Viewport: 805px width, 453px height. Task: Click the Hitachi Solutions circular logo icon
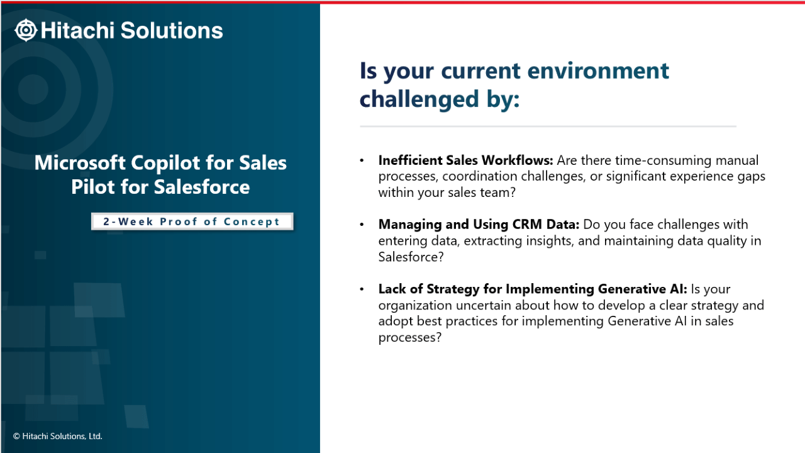click(26, 30)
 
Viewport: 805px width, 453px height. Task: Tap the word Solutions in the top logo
click(172, 30)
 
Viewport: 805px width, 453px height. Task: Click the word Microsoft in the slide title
click(80, 162)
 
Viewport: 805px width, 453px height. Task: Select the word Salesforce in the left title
click(202, 187)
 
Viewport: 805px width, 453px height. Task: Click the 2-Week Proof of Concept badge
click(192, 221)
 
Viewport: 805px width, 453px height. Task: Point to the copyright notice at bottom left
click(58, 436)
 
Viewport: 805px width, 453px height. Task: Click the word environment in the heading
click(598, 70)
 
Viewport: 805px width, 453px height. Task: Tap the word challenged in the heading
click(419, 99)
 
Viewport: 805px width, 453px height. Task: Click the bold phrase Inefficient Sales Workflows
click(466, 160)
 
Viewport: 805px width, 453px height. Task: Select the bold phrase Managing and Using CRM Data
click(479, 225)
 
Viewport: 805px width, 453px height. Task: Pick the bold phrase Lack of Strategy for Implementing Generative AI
click(533, 289)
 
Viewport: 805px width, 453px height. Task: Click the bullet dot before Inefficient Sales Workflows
click(362, 160)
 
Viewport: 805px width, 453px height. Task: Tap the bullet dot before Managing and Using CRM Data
click(362, 225)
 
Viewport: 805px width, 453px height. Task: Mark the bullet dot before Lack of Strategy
click(362, 289)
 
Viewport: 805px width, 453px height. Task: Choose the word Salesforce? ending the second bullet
click(411, 257)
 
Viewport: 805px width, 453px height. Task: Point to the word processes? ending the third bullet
click(409, 338)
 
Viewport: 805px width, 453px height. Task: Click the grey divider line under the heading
click(548, 126)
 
